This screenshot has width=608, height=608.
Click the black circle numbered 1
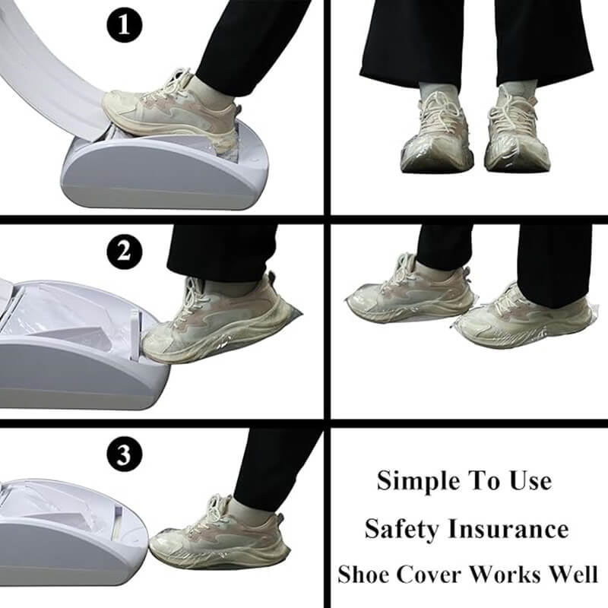(124, 24)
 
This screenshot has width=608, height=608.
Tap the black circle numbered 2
(124, 252)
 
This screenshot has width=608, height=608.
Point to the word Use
(530, 481)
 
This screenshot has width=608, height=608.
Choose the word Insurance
(508, 528)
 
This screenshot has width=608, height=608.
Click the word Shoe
(363, 574)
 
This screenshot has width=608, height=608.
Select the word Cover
(429, 575)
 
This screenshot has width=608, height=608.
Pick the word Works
(508, 574)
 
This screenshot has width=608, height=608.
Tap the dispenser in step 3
(71, 536)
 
